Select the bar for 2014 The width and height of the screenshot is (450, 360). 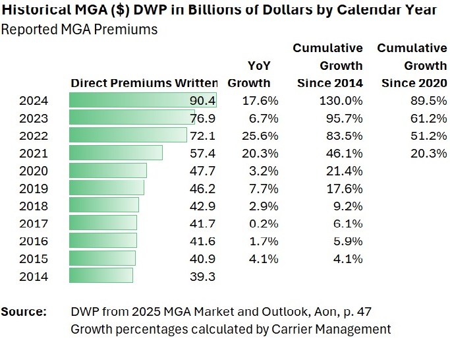click(x=101, y=276)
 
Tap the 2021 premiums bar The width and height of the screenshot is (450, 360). click(x=116, y=153)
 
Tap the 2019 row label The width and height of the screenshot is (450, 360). click(x=34, y=188)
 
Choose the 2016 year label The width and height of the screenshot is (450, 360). click(x=34, y=241)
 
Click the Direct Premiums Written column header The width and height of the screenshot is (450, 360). click(x=144, y=83)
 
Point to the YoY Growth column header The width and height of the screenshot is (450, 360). click(x=249, y=74)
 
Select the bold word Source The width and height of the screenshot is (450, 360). click(x=24, y=311)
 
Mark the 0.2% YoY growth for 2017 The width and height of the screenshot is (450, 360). click(x=264, y=224)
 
